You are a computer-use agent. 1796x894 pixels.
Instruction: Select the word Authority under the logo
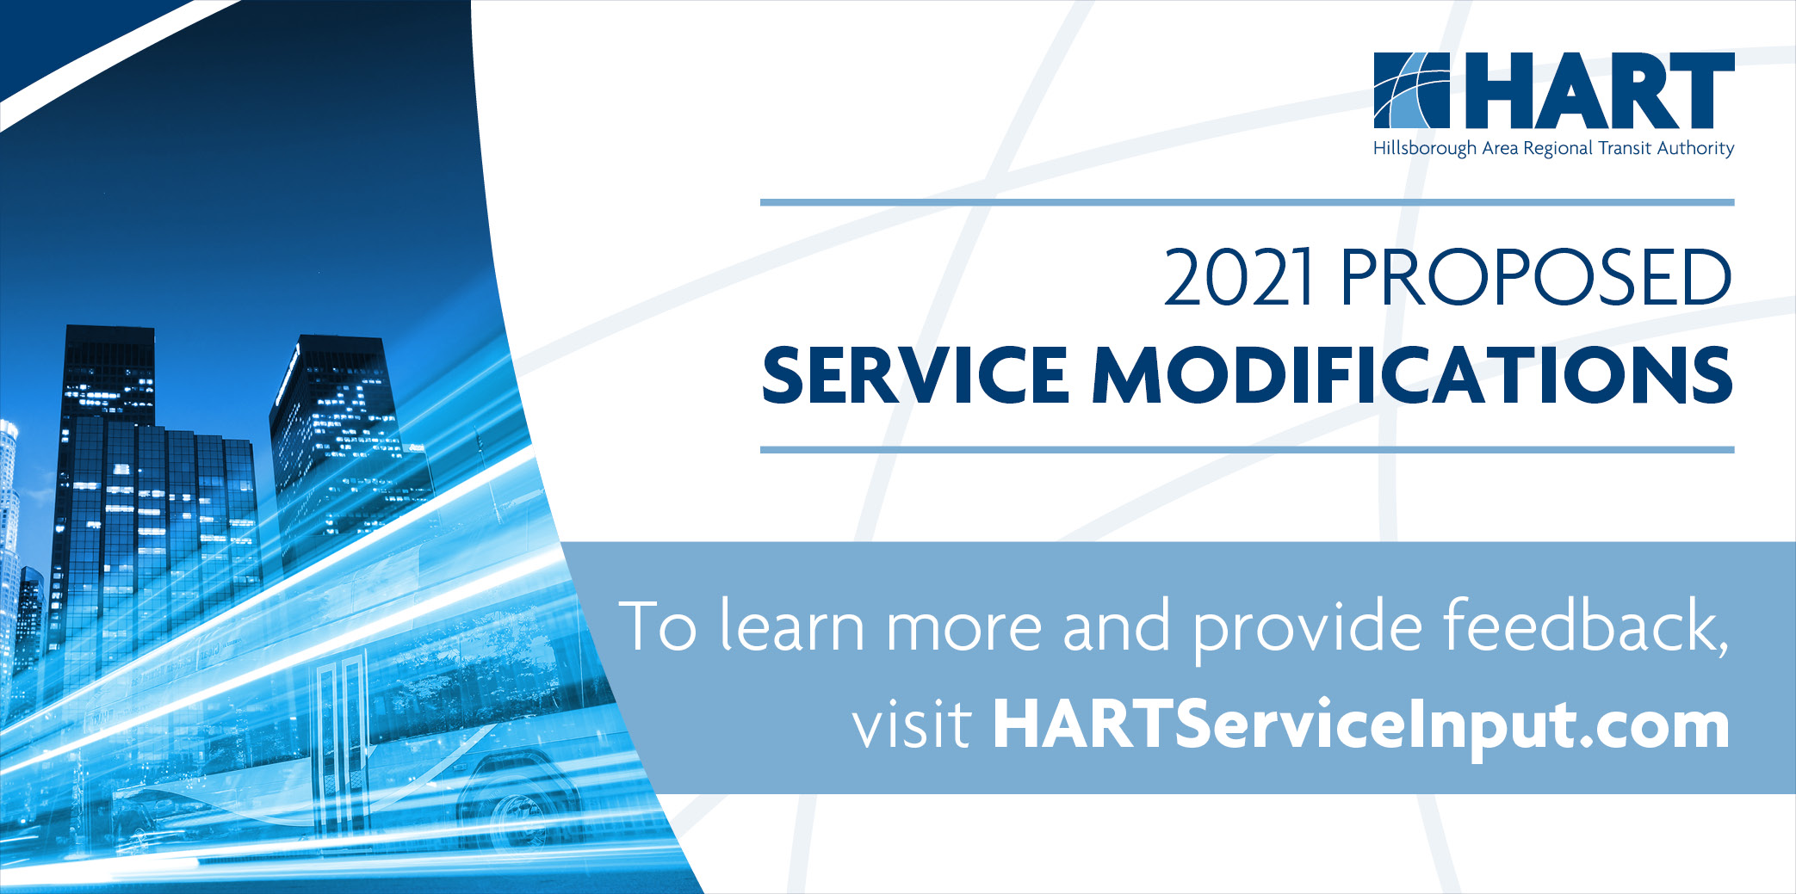click(1695, 149)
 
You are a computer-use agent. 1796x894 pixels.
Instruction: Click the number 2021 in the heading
click(1238, 278)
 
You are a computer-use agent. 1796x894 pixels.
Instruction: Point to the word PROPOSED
click(1535, 278)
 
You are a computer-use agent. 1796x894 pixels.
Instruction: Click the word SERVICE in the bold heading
click(915, 376)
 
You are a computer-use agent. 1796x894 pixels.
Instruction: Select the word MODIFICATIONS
click(1412, 376)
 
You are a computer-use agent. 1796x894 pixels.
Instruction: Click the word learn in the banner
click(791, 626)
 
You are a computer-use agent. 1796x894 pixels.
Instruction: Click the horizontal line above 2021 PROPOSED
click(1247, 203)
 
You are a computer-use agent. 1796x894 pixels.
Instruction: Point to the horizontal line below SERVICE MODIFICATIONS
click(1247, 450)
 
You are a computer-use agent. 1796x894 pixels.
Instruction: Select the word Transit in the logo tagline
click(1625, 149)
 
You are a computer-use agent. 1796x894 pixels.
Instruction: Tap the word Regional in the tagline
click(1558, 149)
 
